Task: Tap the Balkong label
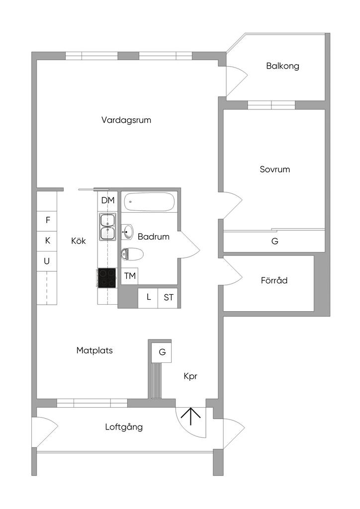[282, 66]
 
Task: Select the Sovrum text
[274, 169]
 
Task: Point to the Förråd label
[274, 280]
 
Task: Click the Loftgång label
[124, 427]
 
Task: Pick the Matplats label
[94, 350]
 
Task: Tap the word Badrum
[154, 237]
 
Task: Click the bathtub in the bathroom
[149, 202]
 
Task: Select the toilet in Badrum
[132, 254]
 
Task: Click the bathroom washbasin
[127, 232]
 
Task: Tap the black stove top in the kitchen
[107, 277]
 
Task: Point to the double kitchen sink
[107, 227]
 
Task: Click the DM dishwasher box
[108, 201]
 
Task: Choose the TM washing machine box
[129, 276]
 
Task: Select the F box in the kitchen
[47, 221]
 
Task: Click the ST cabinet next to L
[168, 298]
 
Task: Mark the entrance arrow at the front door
[190, 417]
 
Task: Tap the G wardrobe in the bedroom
[274, 241]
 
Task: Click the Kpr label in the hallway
[190, 377]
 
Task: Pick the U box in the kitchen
[47, 261]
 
